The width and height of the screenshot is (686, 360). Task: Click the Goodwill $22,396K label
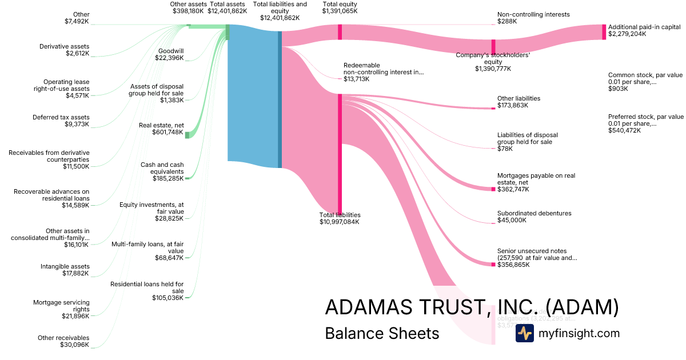coord(170,54)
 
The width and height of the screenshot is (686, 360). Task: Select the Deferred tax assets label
coord(69,121)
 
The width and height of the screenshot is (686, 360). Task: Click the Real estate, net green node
coord(187,134)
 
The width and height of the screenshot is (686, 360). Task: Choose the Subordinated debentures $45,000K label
coord(534,217)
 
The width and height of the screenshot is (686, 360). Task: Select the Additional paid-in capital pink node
coord(604,32)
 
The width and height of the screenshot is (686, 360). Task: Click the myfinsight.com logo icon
coord(524,333)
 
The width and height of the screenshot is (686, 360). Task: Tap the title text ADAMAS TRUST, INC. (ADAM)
coord(472,307)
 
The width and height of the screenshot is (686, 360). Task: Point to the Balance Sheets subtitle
coord(382,333)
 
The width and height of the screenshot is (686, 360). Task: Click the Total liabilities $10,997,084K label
coord(340,218)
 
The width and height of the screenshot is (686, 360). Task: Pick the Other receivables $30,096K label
coord(63,341)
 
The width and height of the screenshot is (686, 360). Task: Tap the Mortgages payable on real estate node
coord(493,189)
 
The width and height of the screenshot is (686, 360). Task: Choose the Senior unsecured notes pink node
coord(493,264)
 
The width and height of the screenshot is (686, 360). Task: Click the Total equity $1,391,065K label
coord(340,7)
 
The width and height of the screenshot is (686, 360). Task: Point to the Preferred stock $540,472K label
coord(645,123)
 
